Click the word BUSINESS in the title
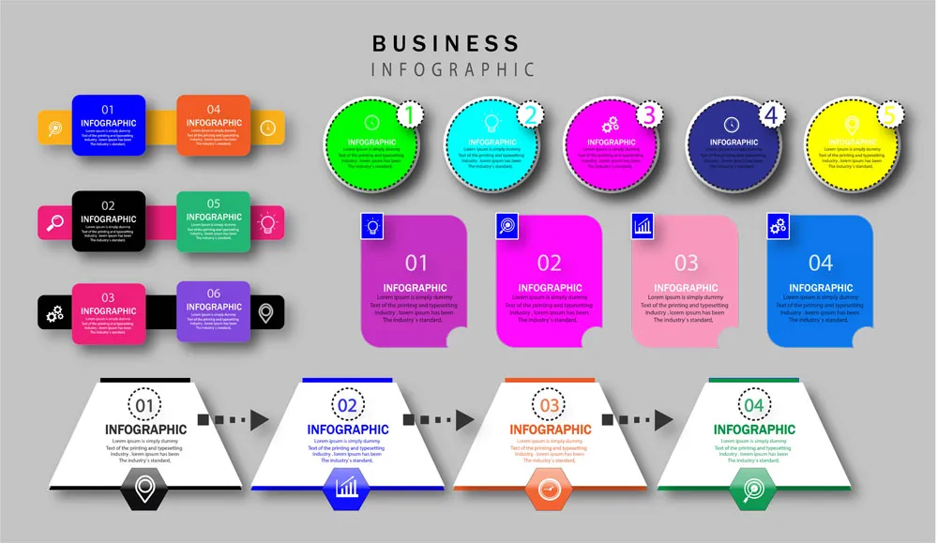(446, 43)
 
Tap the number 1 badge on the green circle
(407, 115)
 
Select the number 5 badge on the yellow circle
(890, 115)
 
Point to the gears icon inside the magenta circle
(611, 123)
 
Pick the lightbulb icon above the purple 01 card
(372, 225)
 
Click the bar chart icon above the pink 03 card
(643, 225)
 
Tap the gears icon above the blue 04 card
(778, 225)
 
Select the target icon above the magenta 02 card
(507, 225)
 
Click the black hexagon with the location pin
(144, 489)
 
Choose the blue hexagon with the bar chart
(346, 488)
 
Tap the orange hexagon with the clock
(549, 489)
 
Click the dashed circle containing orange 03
(549, 405)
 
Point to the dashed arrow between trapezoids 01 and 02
(233, 419)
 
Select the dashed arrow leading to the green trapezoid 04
(638, 419)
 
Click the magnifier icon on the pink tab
(53, 222)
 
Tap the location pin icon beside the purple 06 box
(266, 311)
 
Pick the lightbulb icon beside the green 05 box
(267, 222)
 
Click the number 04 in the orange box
(214, 109)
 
